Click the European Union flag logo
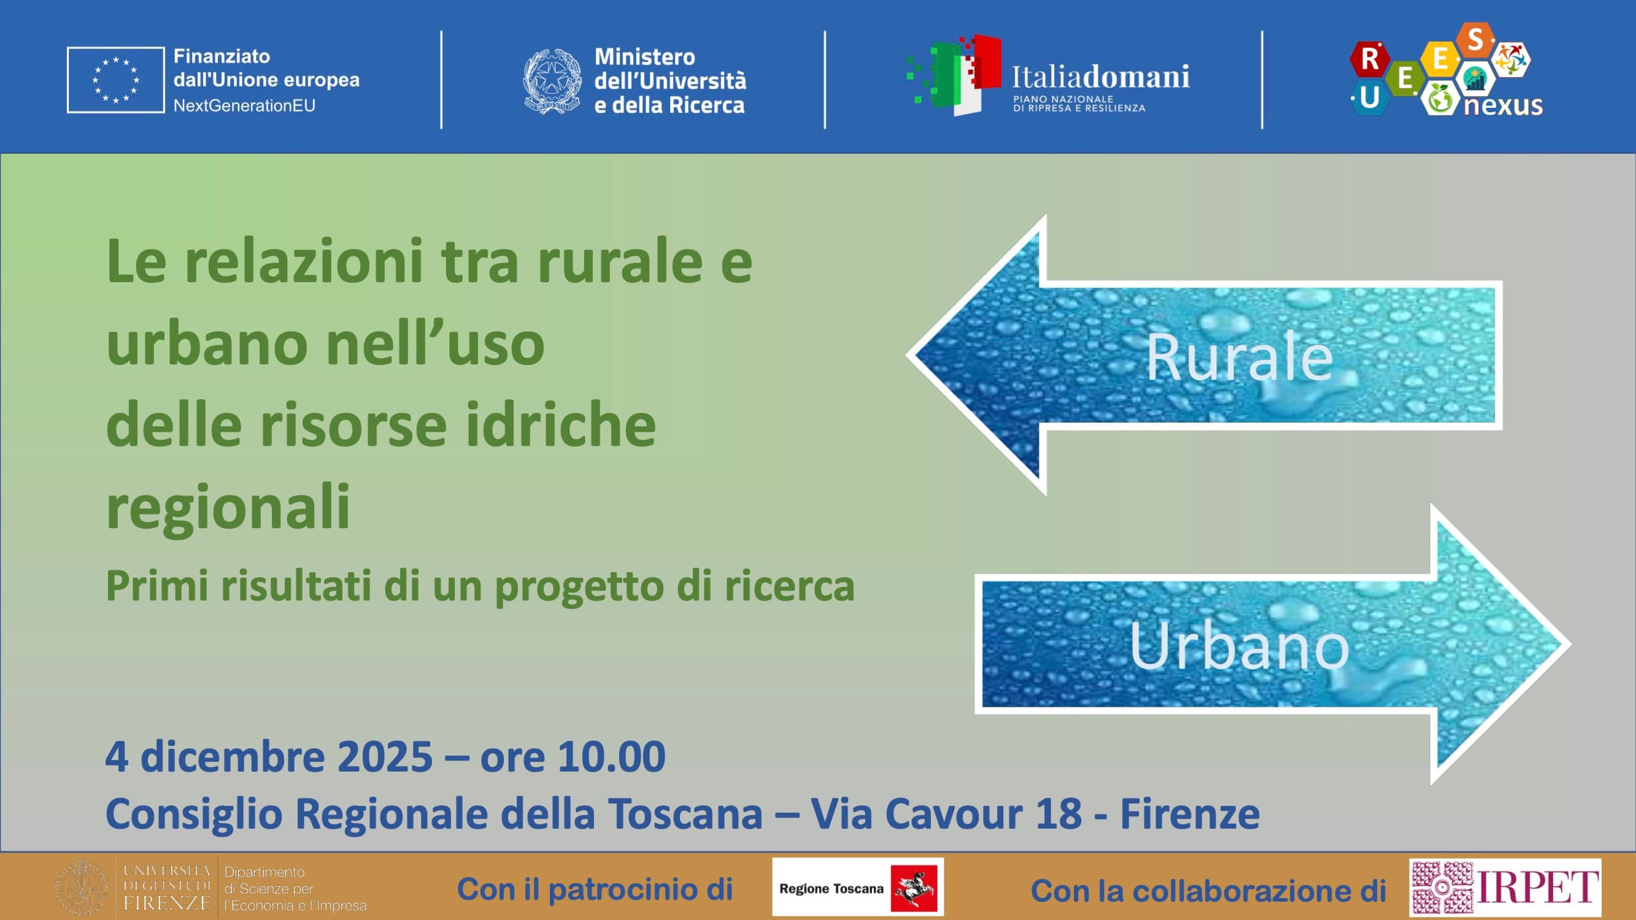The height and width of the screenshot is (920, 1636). click(115, 80)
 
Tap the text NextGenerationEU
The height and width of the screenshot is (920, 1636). click(244, 105)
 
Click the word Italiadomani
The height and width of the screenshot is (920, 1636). click(1100, 77)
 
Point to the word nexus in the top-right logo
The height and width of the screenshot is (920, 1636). click(1503, 105)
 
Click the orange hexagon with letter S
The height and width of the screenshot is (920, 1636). click(1475, 39)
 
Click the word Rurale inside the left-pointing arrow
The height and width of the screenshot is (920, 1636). click(1239, 358)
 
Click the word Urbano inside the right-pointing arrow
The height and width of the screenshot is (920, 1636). click(1239, 646)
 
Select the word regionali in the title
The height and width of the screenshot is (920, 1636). click(228, 507)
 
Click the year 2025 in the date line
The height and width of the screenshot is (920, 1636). click(384, 757)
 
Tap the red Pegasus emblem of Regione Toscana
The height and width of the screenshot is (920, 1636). click(914, 888)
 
